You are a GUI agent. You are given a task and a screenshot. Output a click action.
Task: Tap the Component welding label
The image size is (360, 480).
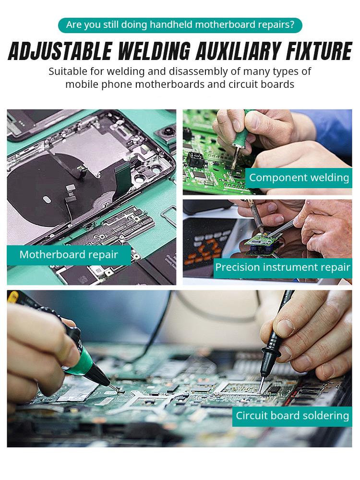tap(299, 178)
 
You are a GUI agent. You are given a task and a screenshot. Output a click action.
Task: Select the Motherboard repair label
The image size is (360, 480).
tap(69, 255)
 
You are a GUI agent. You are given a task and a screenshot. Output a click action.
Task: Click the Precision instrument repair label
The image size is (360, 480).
tap(282, 267)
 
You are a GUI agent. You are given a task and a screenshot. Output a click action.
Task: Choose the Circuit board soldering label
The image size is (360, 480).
tap(292, 416)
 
